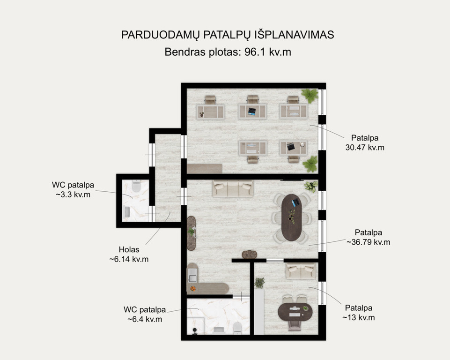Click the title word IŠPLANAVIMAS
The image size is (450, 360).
point(294,35)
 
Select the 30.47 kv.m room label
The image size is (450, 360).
point(365,143)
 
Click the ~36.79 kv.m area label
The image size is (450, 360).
point(368,237)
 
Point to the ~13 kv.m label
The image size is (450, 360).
point(358,313)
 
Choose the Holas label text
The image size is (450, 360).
point(129,250)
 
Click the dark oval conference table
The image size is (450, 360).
point(292,217)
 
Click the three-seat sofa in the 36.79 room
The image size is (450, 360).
point(233,188)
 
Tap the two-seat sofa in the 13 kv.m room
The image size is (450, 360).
point(301,271)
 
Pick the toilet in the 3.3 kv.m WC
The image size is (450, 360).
point(136,186)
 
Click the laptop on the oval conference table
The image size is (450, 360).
point(295,202)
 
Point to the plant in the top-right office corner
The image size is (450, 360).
point(310,96)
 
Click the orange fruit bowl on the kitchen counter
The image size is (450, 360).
point(193,288)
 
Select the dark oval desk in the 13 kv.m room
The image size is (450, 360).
point(295,312)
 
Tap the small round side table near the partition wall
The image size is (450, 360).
point(249,255)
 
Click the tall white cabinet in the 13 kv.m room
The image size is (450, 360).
point(259,311)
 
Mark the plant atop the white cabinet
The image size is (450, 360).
point(259,283)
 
